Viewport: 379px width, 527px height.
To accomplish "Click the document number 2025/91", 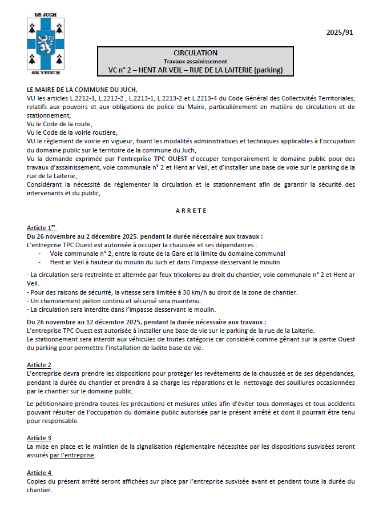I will tap(340, 33).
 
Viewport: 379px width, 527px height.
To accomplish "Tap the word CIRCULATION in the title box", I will tap(195, 53).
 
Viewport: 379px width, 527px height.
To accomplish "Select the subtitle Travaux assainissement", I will tap(195, 61).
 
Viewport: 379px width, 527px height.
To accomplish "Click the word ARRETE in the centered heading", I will tap(191, 211).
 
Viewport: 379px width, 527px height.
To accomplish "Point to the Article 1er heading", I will tap(42, 228).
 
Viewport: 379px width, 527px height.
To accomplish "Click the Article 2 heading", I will tap(39, 365).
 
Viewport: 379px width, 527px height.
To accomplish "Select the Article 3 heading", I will tap(39, 438).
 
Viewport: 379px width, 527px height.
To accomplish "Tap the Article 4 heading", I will tap(39, 473).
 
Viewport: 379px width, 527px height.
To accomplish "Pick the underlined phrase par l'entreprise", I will tap(72, 456).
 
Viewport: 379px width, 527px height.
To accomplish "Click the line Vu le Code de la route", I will tap(59, 124).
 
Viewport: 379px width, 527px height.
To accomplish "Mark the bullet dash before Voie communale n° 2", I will tap(40, 254).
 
